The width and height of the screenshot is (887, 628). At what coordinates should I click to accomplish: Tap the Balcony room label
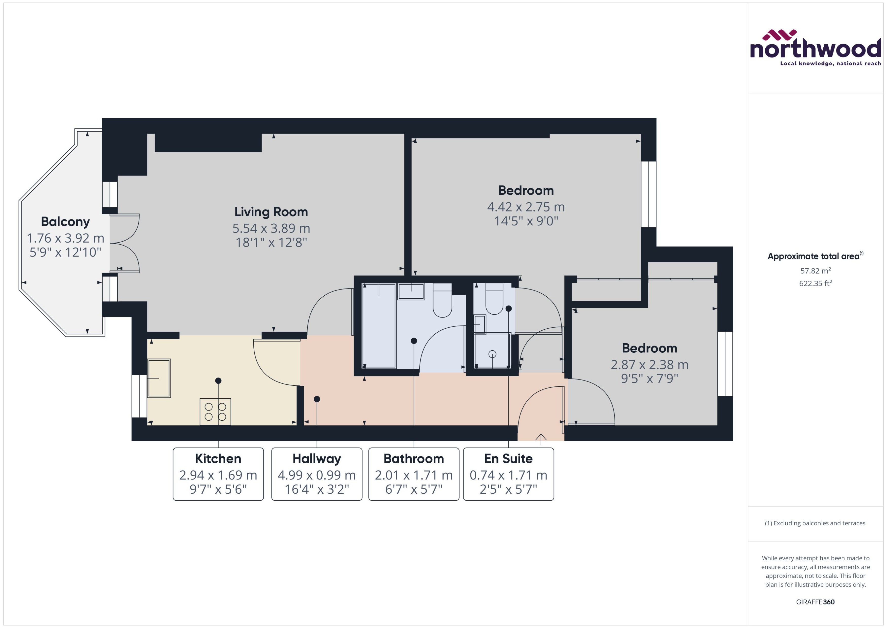pos(65,222)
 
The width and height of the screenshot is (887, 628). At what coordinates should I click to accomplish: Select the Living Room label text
pos(271,212)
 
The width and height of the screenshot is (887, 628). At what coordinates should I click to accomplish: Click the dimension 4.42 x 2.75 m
pos(526,207)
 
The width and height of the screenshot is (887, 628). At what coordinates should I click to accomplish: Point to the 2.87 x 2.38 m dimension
pos(649,364)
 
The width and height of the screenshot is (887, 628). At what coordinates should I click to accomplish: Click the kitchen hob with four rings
pos(215,411)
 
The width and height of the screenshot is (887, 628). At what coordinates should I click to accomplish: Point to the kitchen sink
pos(159,378)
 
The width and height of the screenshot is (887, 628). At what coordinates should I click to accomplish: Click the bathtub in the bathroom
pos(379,326)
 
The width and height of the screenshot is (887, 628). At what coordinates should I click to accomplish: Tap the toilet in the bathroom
pos(442,300)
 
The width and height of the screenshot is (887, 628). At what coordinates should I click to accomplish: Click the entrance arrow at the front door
pos(541,438)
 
